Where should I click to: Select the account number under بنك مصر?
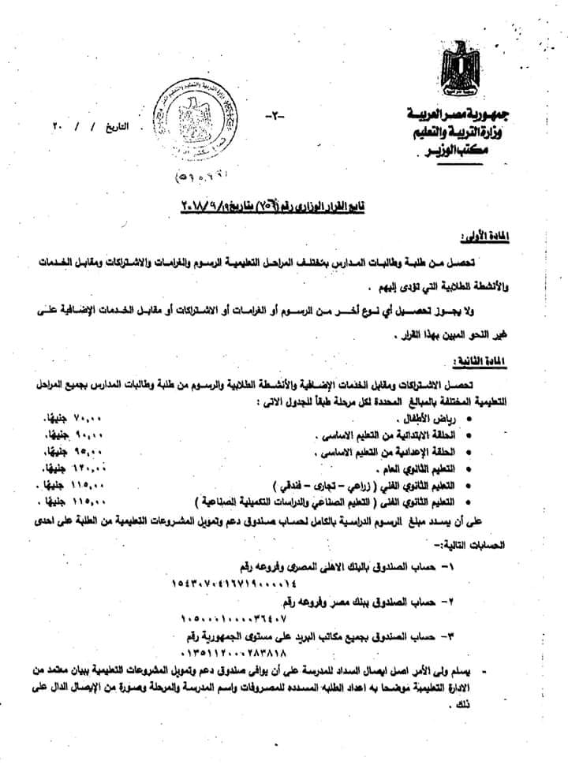[229, 620]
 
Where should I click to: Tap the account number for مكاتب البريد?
[230, 653]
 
